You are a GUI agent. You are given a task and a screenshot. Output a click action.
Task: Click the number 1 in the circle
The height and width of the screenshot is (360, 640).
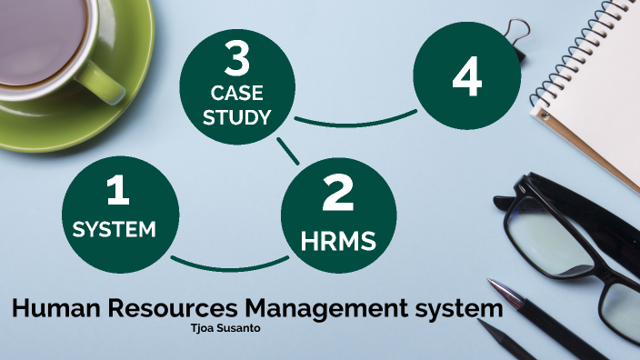point(117,190)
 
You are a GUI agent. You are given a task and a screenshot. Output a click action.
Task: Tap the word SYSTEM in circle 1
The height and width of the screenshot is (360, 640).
point(115,228)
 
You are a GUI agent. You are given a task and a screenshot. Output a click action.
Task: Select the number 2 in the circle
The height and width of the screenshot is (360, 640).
point(337,194)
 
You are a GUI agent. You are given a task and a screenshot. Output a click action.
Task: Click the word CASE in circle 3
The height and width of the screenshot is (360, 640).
point(237,93)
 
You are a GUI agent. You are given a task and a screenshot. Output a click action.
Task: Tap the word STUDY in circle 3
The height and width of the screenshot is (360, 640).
point(237,117)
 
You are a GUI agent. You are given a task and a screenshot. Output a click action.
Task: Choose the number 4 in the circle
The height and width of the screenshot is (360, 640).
point(466,78)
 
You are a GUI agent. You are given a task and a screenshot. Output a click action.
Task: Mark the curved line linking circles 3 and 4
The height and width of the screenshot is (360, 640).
point(355,121)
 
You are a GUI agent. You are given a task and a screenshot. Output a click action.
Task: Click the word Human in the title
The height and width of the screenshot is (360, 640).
point(54,308)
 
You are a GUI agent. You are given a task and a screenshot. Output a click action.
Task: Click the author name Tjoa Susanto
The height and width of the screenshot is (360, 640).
point(222,329)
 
